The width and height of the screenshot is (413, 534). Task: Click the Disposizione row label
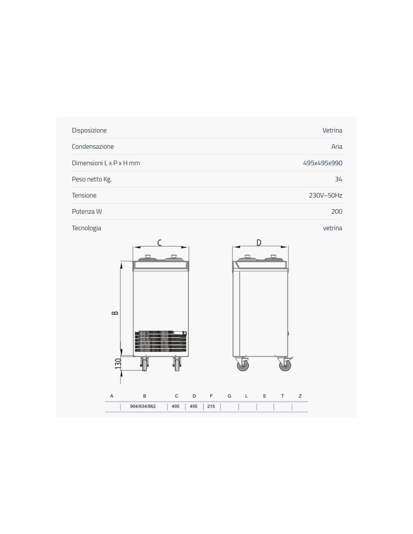pos(89,130)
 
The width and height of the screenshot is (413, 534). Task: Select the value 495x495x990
pos(323,163)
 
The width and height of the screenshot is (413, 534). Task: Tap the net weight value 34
pos(339,179)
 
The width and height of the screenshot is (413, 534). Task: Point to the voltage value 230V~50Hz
pos(326,195)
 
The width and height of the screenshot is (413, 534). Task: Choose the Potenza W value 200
pos(336,211)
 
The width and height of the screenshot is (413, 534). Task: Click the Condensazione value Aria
pos(336,146)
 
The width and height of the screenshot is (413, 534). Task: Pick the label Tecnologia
pos(86,228)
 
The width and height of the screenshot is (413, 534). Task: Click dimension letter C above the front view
pos(160,243)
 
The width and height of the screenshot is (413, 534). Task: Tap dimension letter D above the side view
pos(259,243)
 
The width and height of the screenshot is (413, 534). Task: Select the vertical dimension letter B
pos(115,313)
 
